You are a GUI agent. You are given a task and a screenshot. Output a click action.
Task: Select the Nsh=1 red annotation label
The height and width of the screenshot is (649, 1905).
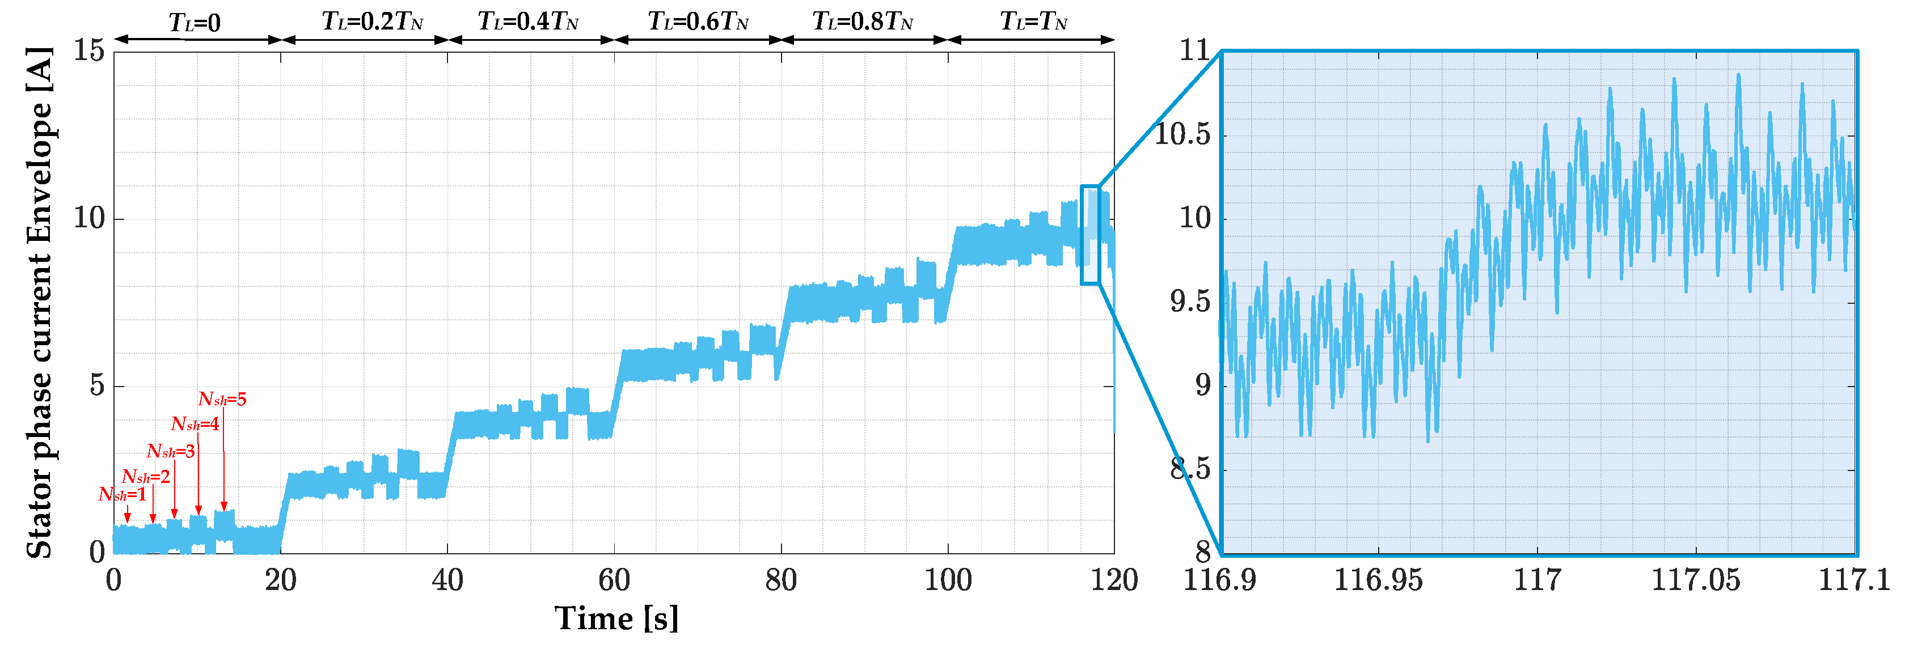[122, 494]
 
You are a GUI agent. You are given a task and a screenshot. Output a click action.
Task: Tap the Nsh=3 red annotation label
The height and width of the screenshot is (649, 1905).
[170, 451]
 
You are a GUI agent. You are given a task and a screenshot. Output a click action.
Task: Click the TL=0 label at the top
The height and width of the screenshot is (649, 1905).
[195, 23]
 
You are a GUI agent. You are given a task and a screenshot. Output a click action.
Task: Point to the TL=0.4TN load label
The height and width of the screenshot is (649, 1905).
[527, 22]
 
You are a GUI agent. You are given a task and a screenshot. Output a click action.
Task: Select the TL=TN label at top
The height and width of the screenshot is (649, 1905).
[1033, 22]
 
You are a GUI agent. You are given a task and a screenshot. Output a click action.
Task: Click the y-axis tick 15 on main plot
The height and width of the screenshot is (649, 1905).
[88, 51]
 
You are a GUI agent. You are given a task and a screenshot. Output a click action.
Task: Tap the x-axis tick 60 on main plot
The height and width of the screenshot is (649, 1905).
[614, 580]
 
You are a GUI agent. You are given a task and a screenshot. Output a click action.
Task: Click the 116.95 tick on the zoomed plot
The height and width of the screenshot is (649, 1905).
[1378, 580]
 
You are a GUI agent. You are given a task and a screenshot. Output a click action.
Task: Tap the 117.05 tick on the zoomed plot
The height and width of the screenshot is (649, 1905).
[1695, 580]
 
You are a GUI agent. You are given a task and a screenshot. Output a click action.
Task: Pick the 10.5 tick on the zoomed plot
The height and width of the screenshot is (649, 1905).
[1182, 134]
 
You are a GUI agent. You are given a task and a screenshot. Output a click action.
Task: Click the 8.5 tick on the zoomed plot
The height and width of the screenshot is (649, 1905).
[1190, 469]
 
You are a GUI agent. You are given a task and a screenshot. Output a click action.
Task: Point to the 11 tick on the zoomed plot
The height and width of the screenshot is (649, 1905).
[1194, 51]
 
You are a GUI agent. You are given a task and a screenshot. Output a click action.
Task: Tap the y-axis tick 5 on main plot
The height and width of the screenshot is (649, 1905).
[97, 385]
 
